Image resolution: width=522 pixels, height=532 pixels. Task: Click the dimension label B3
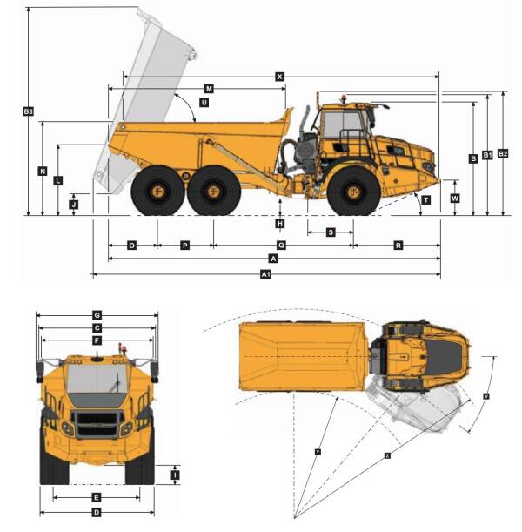click(x=28, y=111)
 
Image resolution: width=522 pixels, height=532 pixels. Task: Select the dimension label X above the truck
click(x=279, y=77)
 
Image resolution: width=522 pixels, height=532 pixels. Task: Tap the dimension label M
click(x=209, y=89)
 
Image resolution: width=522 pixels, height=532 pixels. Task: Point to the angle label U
click(x=204, y=102)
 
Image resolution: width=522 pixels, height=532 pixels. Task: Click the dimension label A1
click(x=266, y=275)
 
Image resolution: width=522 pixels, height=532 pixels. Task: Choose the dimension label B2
click(x=503, y=154)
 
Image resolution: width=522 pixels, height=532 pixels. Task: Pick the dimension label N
click(x=43, y=172)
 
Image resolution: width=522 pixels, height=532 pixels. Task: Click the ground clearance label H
click(x=279, y=224)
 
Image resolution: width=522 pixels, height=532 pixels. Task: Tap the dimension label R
click(x=398, y=246)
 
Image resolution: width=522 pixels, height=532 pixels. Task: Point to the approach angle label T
click(x=425, y=199)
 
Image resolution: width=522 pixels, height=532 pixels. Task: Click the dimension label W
click(x=455, y=198)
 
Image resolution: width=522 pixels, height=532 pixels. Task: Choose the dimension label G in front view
click(x=97, y=314)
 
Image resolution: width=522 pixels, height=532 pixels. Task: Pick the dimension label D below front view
click(x=97, y=512)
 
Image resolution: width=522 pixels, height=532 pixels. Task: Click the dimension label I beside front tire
click(x=175, y=475)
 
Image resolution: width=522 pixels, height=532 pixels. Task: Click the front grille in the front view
click(x=96, y=425)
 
